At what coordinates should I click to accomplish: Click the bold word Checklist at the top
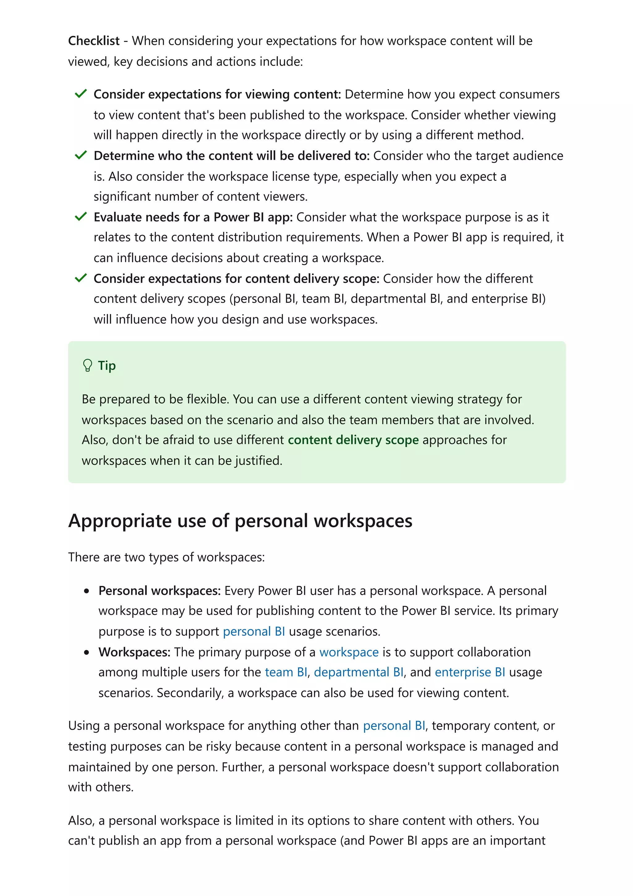pos(94,41)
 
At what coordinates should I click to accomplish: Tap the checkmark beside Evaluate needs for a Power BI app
pos(80,217)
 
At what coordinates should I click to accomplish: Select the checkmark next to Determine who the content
pos(80,155)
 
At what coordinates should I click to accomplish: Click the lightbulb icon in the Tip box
pos(87,366)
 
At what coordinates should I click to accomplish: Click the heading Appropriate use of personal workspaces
pos(240,521)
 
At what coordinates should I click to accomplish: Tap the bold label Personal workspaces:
pos(159,591)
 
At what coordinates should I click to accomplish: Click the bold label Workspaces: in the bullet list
pos(134,652)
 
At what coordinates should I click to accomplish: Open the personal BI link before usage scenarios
pos(254,631)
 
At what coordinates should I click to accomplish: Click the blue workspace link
pos(349,652)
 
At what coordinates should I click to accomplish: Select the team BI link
pos(286,672)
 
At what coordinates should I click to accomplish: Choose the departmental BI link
pos(359,672)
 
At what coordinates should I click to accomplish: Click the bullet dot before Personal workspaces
pos(87,591)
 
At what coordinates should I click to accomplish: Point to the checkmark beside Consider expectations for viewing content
pos(80,94)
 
